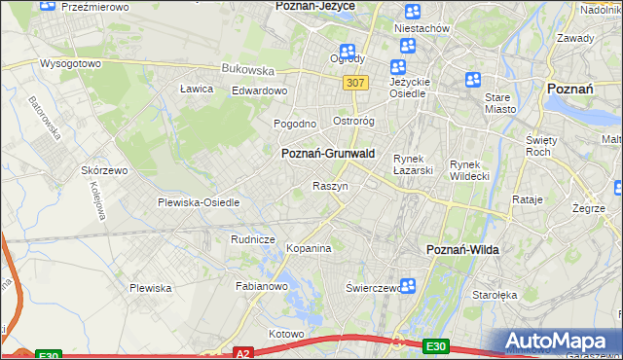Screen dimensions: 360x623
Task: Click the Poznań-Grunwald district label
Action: click(x=327, y=154)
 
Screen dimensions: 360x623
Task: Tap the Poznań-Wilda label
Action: click(x=463, y=250)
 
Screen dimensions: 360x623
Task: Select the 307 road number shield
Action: click(x=355, y=83)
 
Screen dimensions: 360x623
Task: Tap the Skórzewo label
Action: click(x=106, y=169)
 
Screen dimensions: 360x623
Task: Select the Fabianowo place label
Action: click(x=262, y=286)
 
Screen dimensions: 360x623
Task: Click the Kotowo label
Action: click(x=286, y=334)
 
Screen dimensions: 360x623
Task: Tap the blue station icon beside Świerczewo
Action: click(x=409, y=286)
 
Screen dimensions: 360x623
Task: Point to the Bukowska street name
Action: click(x=248, y=70)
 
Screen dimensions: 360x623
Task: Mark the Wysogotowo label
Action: click(x=70, y=63)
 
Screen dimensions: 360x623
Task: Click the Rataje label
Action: click(x=527, y=199)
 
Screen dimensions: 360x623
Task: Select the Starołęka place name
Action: click(x=495, y=293)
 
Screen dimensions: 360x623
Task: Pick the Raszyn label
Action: click(x=330, y=185)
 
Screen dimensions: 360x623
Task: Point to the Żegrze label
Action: click(x=589, y=208)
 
